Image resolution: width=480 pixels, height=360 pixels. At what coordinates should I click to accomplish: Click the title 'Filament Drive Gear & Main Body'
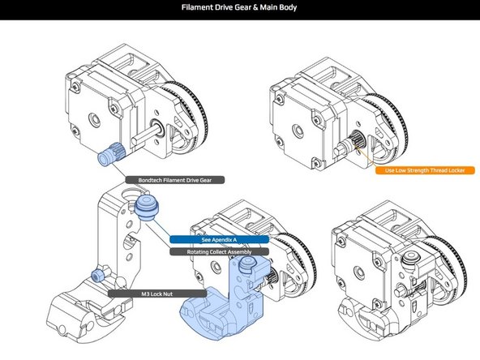click(x=240, y=9)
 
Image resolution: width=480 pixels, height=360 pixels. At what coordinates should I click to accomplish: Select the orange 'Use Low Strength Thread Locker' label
click(x=424, y=170)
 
